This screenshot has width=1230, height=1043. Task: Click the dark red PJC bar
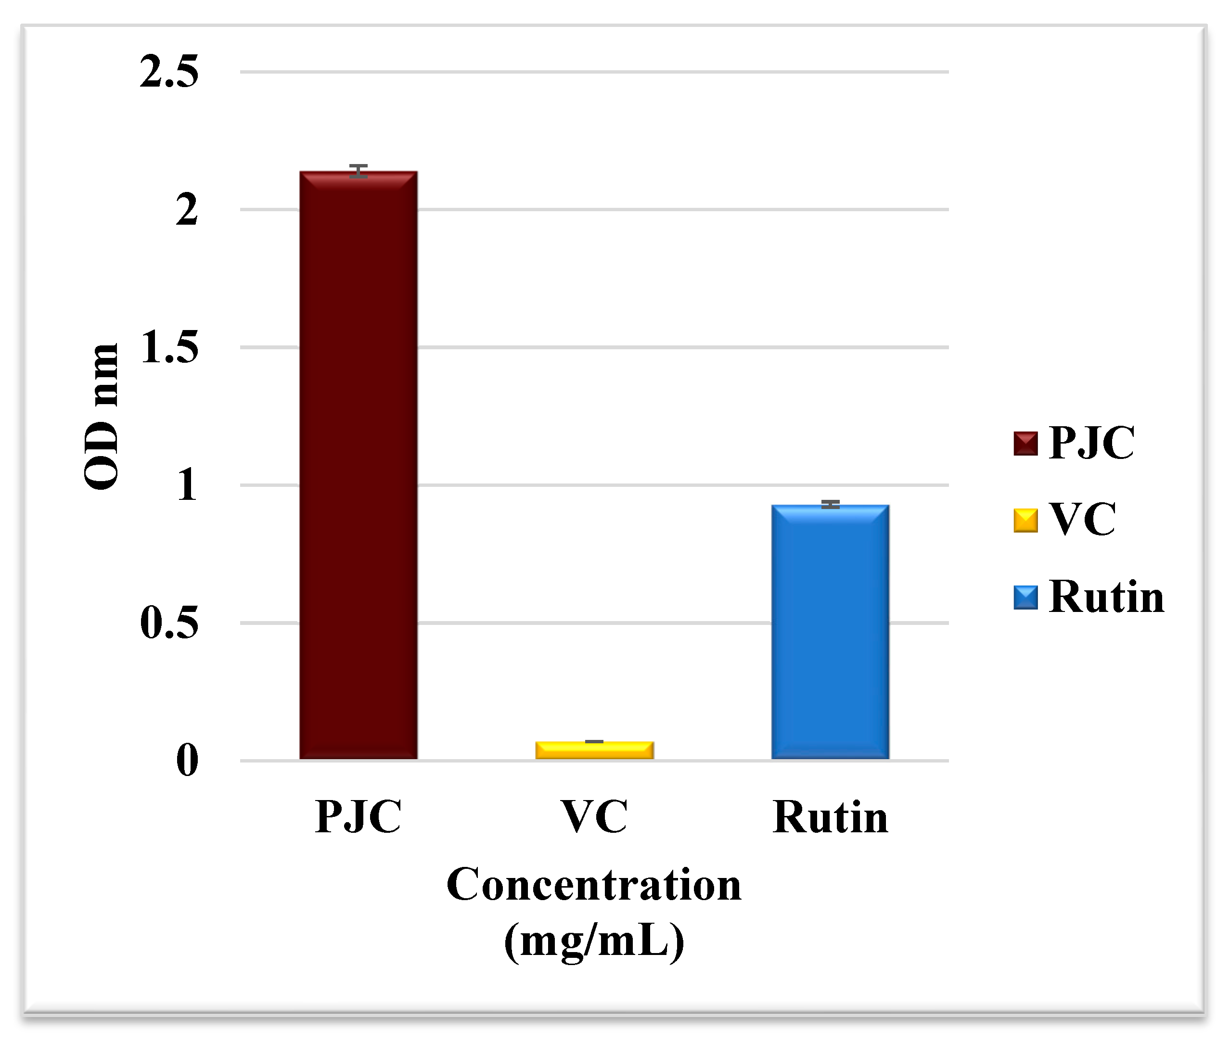pyautogui.click(x=359, y=465)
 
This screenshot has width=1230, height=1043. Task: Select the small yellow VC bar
pyautogui.click(x=594, y=750)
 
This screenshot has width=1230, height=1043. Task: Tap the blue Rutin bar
pyautogui.click(x=830, y=632)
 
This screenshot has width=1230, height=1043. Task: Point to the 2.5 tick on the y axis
pyautogui.click(x=169, y=72)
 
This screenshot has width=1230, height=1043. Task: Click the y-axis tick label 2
pyautogui.click(x=186, y=209)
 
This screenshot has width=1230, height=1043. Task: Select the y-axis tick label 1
pyautogui.click(x=186, y=485)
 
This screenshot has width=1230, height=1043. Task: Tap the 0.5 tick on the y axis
pyautogui.click(x=169, y=623)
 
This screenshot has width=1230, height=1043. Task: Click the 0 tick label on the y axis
pyautogui.click(x=187, y=761)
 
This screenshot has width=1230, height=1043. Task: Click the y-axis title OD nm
pyautogui.click(x=102, y=416)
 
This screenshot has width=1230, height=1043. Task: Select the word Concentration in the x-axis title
pyautogui.click(x=594, y=885)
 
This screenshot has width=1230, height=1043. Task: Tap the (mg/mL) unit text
pyautogui.click(x=594, y=941)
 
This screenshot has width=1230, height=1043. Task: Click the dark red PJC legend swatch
pyautogui.click(x=1025, y=444)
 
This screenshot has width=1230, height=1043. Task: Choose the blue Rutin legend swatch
pyautogui.click(x=1025, y=597)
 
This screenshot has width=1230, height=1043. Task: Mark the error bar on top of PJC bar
pyautogui.click(x=359, y=171)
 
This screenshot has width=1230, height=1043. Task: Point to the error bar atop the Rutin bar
pyautogui.click(x=830, y=504)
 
